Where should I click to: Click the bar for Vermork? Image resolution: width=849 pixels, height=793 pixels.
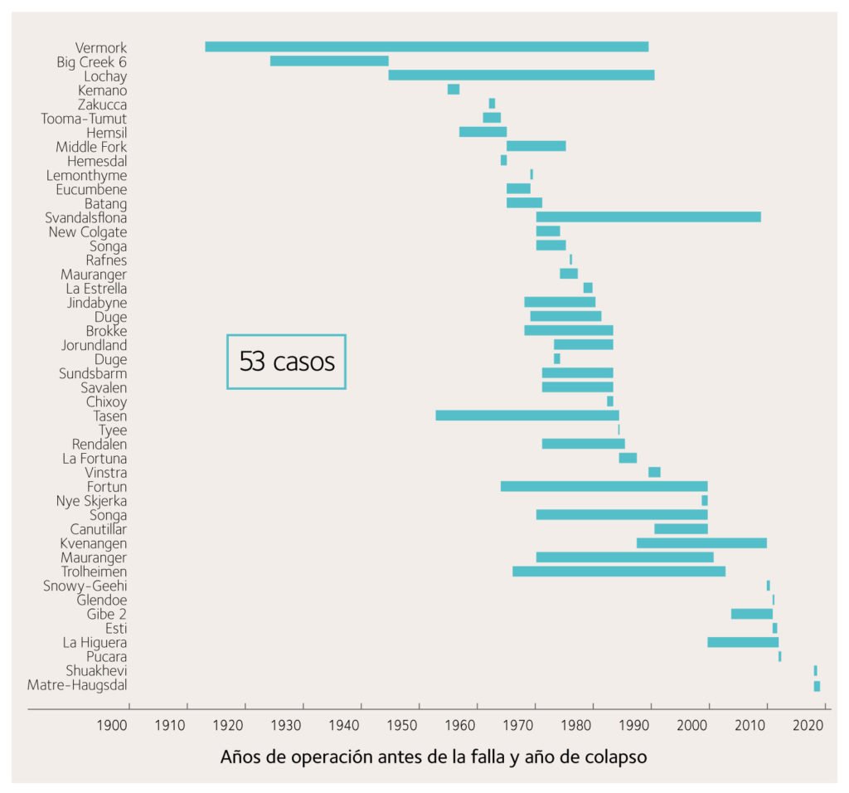[426, 47]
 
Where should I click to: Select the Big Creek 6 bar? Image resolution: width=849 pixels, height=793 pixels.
[329, 61]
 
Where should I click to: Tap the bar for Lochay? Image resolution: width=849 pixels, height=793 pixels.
[521, 75]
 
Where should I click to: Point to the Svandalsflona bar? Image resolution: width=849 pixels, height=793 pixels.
[648, 217]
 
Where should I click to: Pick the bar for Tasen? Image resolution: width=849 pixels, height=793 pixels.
[526, 416]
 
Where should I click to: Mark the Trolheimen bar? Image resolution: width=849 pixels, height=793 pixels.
[619, 572]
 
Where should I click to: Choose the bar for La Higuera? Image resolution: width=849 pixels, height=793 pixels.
[742, 642]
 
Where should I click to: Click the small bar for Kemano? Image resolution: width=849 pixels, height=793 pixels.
[453, 90]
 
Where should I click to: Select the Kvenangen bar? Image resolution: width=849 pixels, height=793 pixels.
[701, 543]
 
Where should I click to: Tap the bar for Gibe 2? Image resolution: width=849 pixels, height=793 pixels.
[751, 614]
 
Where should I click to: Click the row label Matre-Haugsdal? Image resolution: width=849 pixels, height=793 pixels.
[77, 685]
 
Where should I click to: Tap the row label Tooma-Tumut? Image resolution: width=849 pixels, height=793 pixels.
[85, 119]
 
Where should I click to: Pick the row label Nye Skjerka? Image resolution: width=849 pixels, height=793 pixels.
[91, 501]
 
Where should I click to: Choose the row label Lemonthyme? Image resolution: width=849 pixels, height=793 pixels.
[87, 175]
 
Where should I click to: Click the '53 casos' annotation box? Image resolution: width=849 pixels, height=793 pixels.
[287, 362]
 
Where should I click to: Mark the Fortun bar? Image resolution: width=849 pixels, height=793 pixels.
[604, 487]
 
